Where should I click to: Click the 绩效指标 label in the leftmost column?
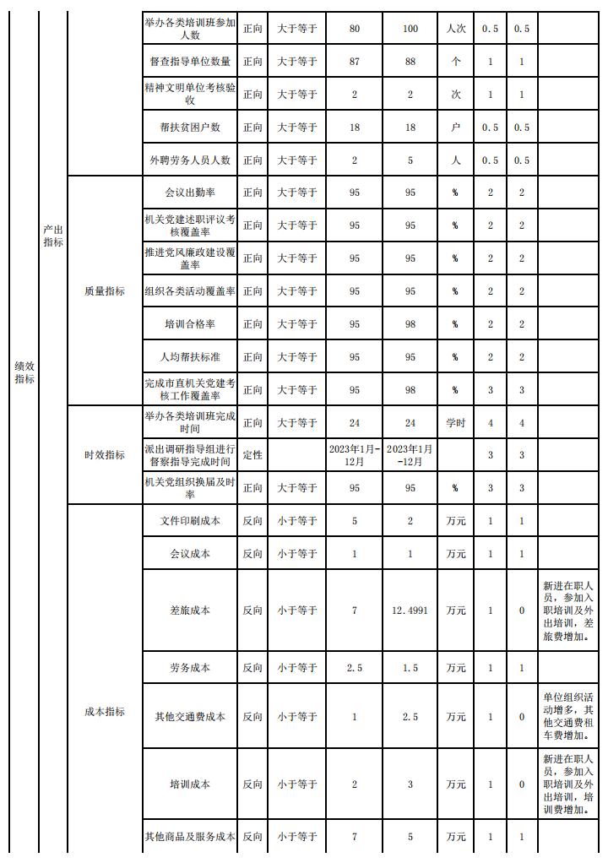point(24,372)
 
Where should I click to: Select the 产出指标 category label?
point(53,236)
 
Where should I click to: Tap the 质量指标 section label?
point(105,290)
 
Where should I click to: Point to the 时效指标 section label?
point(105,454)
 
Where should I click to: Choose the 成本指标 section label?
point(105,711)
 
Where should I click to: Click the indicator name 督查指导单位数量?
point(190,62)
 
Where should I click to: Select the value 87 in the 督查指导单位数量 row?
point(354,62)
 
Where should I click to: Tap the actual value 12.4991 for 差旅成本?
point(410,610)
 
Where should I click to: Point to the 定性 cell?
point(252,454)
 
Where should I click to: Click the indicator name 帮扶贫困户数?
point(190,128)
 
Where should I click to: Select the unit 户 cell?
point(456,128)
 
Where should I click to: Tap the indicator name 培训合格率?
point(190,323)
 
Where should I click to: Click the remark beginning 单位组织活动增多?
point(569,716)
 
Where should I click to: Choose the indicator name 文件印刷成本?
point(190,521)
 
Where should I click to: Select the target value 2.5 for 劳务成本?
point(354,668)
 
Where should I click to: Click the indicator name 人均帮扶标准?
point(190,356)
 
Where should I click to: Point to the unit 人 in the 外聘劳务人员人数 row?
point(456,160)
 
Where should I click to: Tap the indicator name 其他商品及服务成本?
point(190,837)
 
